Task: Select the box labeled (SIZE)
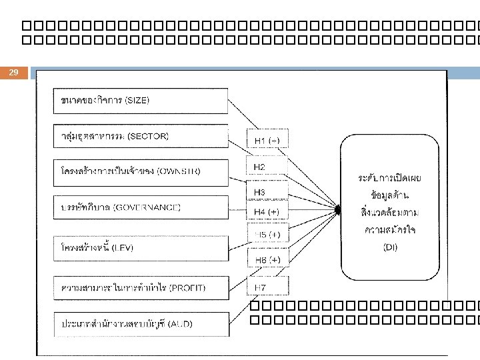pyautogui.click(x=140, y=101)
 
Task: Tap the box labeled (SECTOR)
pyautogui.click(x=140, y=136)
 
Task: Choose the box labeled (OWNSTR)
pyautogui.click(x=140, y=171)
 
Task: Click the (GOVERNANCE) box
pyautogui.click(x=140, y=207)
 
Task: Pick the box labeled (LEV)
pyautogui.click(x=140, y=247)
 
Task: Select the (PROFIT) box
pyautogui.click(x=140, y=287)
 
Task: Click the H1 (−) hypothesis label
pyautogui.click(x=267, y=141)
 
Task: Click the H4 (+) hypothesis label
pyautogui.click(x=267, y=212)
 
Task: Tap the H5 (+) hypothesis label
pyautogui.click(x=267, y=235)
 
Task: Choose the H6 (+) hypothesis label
pyautogui.click(x=267, y=259)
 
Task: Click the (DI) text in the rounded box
pyautogui.click(x=391, y=247)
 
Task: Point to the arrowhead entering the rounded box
pyautogui.click(x=339, y=211)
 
